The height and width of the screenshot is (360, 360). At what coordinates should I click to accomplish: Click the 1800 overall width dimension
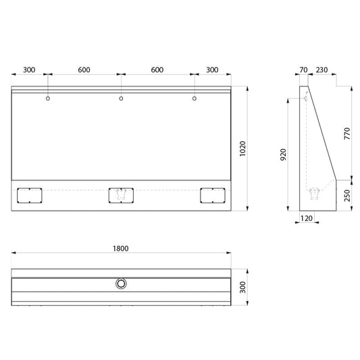[x=121, y=249]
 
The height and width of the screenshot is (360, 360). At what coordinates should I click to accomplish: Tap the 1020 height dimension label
[x=242, y=149]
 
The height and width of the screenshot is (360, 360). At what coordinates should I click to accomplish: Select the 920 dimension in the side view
[x=284, y=155]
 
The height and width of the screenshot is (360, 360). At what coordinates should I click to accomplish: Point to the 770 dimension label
[x=347, y=133]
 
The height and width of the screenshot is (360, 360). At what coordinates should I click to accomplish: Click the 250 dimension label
[x=347, y=195]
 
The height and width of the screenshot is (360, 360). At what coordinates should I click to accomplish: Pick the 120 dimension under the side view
[x=307, y=218]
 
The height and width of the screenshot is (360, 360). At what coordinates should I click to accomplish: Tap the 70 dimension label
[x=303, y=70]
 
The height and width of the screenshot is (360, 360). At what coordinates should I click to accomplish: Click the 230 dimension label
[x=322, y=70]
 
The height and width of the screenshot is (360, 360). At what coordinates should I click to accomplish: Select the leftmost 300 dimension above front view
[x=29, y=70]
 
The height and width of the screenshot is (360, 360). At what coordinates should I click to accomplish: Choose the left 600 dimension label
[x=84, y=70]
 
